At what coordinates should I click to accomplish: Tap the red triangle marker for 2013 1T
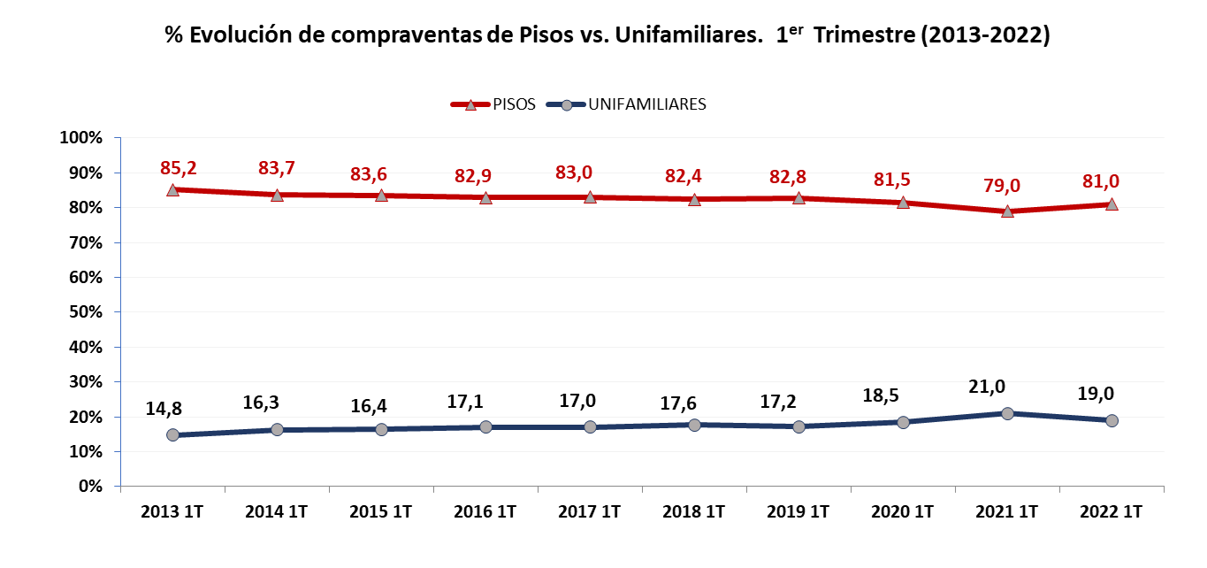pyautogui.click(x=172, y=189)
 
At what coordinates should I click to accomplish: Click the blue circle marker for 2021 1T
pyautogui.click(x=1007, y=413)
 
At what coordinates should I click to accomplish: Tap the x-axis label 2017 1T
pyautogui.click(x=590, y=511)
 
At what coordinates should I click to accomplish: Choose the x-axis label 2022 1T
pyautogui.click(x=1112, y=511)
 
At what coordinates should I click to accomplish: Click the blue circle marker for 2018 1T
pyautogui.click(x=694, y=425)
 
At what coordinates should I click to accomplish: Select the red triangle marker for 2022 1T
pyautogui.click(x=1112, y=204)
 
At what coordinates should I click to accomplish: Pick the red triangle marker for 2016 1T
pyautogui.click(x=485, y=197)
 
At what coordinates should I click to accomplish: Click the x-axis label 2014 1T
pyautogui.click(x=277, y=511)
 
